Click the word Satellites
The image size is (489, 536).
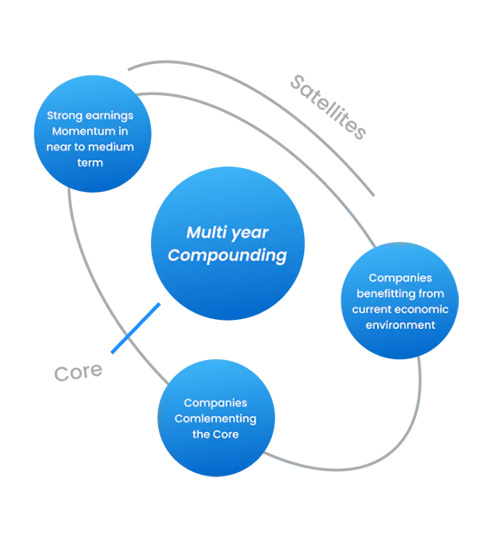tap(328, 107)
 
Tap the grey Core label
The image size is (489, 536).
tap(78, 372)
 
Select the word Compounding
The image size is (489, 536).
tap(228, 256)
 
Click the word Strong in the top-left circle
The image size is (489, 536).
tap(62, 116)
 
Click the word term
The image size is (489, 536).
tap(90, 163)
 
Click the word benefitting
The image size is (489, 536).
tap(385, 293)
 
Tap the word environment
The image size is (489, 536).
tap(400, 324)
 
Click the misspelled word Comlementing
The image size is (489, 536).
tap(215, 419)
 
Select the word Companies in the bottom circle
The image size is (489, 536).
tap(215, 403)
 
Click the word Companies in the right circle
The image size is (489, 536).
tap(400, 278)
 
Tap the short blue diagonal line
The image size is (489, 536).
tap(135, 328)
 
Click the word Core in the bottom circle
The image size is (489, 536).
tap(225, 434)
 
